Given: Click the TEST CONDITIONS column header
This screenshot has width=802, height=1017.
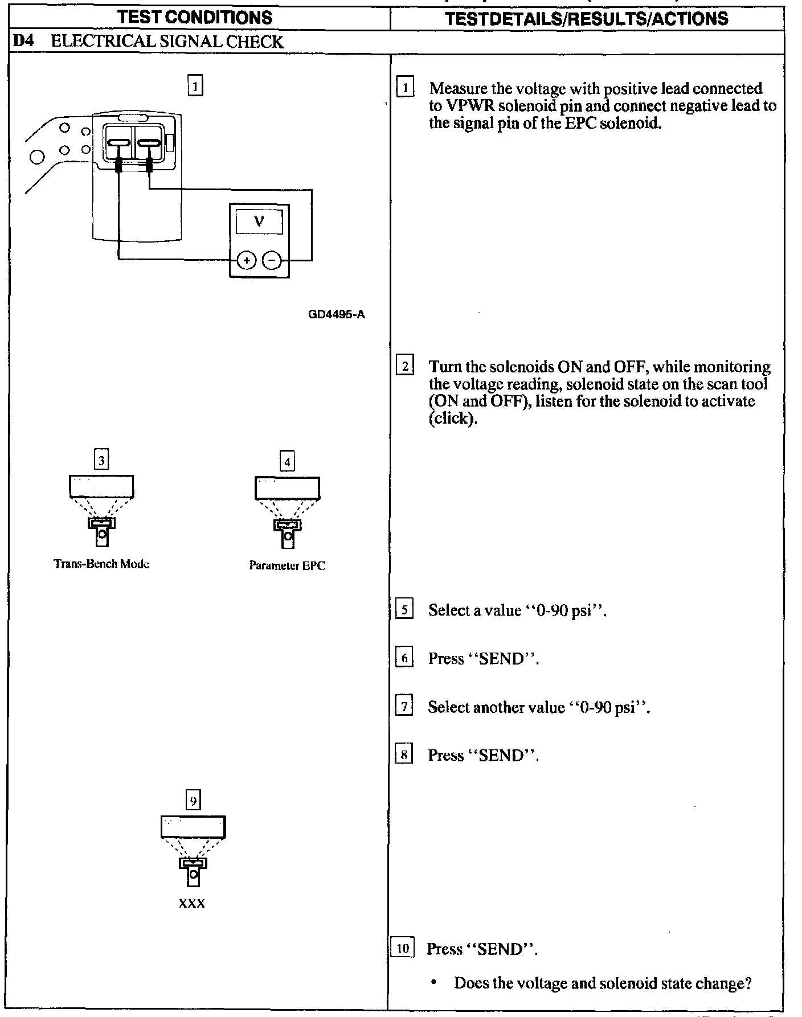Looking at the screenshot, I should pyautogui.click(x=195, y=18).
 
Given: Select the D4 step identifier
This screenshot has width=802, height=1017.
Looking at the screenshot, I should pyautogui.click(x=22, y=42).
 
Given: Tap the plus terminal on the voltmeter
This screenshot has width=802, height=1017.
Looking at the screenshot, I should pyautogui.click(x=246, y=261).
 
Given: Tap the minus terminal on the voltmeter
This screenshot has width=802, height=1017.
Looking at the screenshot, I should pyautogui.click(x=273, y=261).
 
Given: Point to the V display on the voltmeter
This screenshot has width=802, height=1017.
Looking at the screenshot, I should pyautogui.click(x=259, y=222).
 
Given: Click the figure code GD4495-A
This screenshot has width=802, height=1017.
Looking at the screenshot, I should pyautogui.click(x=336, y=314).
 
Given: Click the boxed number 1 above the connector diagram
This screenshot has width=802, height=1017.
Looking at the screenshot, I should pyautogui.click(x=195, y=87).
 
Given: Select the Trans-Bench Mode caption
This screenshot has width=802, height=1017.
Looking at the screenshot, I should pyautogui.click(x=101, y=564).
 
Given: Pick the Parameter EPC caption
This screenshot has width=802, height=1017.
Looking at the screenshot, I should pyautogui.click(x=287, y=565).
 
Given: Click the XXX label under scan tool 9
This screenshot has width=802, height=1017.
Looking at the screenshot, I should pyautogui.click(x=192, y=904).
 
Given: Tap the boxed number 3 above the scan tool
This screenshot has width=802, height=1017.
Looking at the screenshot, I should pyautogui.click(x=101, y=460).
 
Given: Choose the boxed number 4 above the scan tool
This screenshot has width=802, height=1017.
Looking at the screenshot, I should pyautogui.click(x=287, y=461).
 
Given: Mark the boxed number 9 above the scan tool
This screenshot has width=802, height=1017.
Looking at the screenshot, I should pyautogui.click(x=194, y=801).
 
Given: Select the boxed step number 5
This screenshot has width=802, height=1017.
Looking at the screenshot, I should pyautogui.click(x=404, y=610).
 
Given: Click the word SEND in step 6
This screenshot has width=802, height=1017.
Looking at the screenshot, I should pyautogui.click(x=501, y=659).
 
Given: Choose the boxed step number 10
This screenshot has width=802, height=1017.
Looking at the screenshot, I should pyautogui.click(x=403, y=949).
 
